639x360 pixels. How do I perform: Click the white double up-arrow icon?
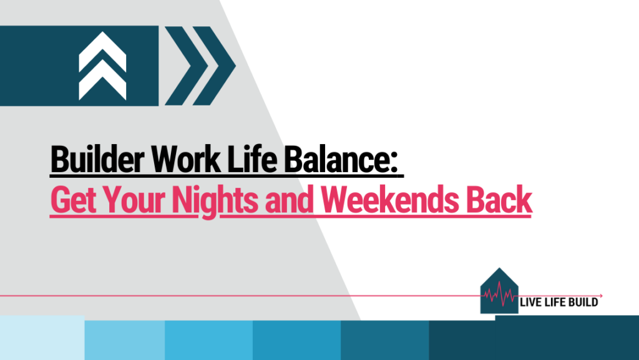coord(102,66)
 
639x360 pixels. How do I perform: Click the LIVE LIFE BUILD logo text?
coord(559,303)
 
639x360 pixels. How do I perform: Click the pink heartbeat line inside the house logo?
coord(500,294)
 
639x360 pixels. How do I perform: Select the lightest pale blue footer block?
coord(42,338)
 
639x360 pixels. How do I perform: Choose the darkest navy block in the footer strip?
coord(534,340)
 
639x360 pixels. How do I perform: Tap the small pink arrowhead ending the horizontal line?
coord(601,295)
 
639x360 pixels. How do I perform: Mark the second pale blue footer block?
coord(124,340)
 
